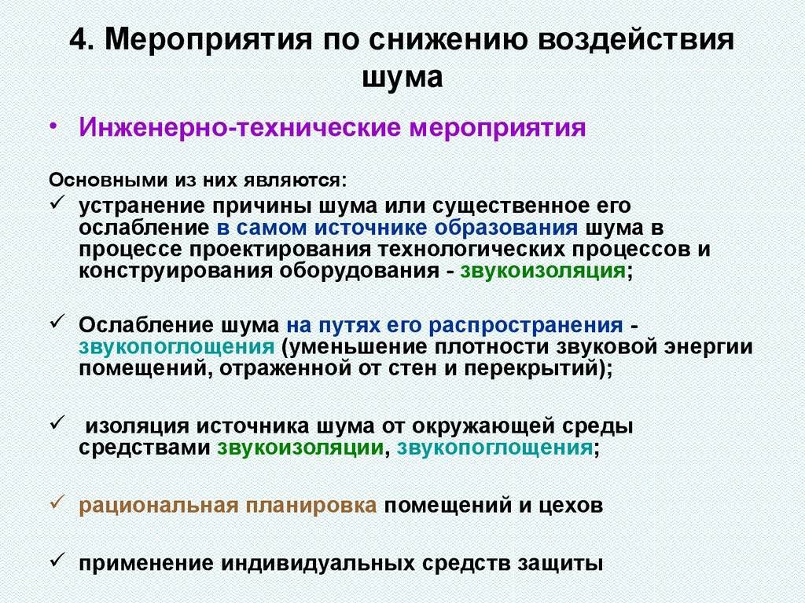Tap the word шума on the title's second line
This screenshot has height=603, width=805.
pyautogui.click(x=402, y=78)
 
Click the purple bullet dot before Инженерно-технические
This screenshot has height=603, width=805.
pyautogui.click(x=53, y=126)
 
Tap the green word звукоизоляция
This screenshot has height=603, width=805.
pyautogui.click(x=543, y=270)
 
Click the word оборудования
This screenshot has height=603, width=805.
pyautogui.click(x=358, y=271)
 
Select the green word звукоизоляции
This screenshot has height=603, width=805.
pyautogui.click(x=300, y=448)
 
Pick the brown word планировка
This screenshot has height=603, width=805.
pyautogui.click(x=311, y=506)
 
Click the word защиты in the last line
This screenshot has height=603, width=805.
pyautogui.click(x=560, y=564)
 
